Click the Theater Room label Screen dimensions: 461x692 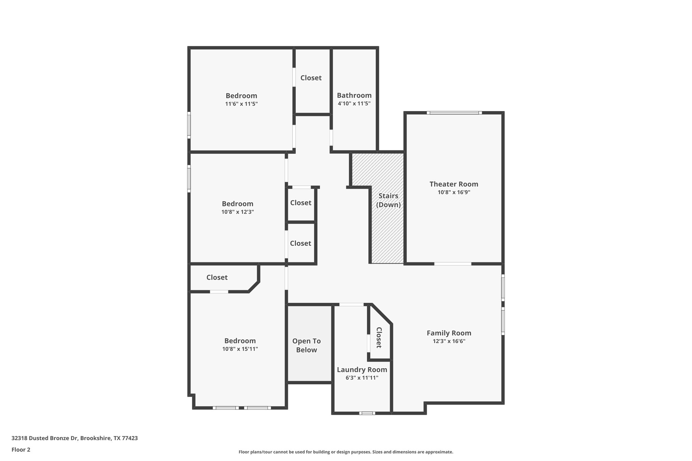pos(453,184)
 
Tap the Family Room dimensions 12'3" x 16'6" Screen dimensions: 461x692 pos(449,341)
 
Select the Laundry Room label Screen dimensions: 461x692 pos(362,369)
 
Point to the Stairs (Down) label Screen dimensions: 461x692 pos(388,200)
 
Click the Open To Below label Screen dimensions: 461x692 pos(306,345)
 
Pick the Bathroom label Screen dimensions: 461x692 pos(354,95)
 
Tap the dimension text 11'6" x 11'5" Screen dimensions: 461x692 pos(241,104)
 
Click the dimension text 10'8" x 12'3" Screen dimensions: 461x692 pos(238,212)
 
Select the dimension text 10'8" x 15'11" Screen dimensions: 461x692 pos(240,349)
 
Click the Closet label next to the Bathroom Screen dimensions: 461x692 pos(311,78)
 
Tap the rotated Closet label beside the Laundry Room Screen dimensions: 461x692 pos(379,337)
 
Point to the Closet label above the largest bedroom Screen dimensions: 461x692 pos(217,277)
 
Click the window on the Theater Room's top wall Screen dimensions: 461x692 pos(454,113)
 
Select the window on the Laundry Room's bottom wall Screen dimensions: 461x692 pos(367,413)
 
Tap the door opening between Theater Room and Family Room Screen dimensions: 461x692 pos(452,263)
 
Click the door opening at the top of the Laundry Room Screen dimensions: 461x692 pos(351,305)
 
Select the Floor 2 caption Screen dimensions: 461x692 pos(21,450)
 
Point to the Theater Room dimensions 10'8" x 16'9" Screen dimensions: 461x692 pos(454,192)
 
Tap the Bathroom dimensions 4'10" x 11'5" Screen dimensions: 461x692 pos(354,103)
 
